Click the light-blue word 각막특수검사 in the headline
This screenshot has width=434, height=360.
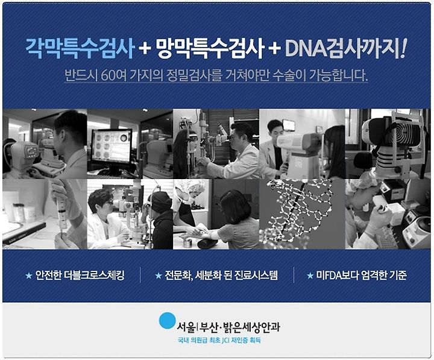[80, 48]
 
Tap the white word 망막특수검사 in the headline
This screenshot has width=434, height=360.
[210, 48]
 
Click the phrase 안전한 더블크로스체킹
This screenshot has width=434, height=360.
[80, 275]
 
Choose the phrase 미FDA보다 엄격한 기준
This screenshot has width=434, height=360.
[361, 275]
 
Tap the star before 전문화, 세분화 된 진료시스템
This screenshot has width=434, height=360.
[159, 276]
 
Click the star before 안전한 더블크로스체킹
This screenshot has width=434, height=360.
[29, 276]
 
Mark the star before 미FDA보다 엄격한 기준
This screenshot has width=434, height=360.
[310, 276]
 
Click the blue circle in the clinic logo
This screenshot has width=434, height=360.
[168, 321]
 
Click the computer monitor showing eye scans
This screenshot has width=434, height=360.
[112, 147]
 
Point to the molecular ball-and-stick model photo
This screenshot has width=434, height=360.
[302, 214]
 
